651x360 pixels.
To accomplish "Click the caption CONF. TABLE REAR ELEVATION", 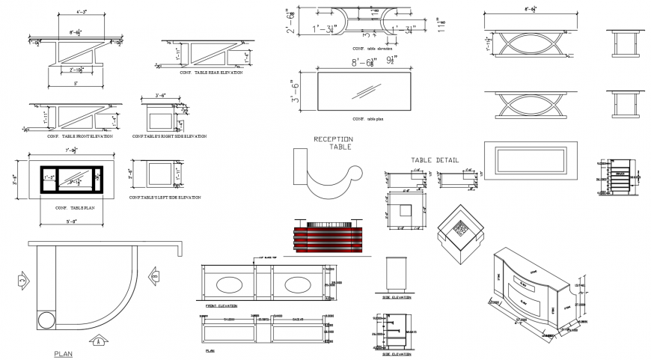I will (x=210, y=73).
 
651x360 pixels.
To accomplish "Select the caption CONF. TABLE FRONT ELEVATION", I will (x=80, y=136).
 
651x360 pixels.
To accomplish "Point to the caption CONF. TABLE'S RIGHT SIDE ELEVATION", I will (x=169, y=136).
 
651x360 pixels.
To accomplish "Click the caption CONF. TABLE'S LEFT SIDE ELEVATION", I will (x=165, y=197).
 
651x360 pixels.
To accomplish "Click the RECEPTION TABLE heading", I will (x=334, y=143).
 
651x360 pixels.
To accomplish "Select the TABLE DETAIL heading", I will (x=435, y=159).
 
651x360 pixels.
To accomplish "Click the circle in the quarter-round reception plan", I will (x=46, y=320).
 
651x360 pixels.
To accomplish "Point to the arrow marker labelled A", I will (x=97, y=341).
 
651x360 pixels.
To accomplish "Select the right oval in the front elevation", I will (x=299, y=284).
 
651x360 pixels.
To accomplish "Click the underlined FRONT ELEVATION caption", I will (x=221, y=306).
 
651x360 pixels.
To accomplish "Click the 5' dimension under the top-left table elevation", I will (x=75, y=84).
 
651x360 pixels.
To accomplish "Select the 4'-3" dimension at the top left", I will (x=76, y=12).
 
